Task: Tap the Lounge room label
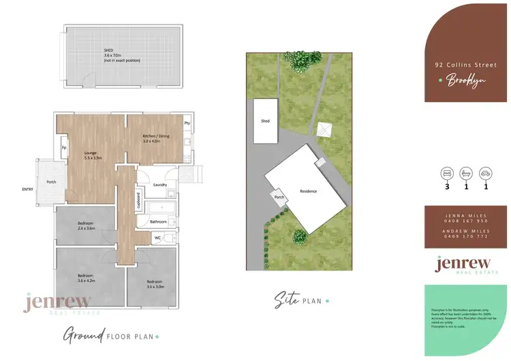[92, 155]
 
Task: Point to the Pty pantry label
[187, 123]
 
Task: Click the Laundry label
[161, 185]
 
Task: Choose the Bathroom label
[159, 221]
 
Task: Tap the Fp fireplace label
[64, 148]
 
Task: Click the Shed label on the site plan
[266, 121]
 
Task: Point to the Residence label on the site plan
[309, 191]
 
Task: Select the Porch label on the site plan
[279, 198]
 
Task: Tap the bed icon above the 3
[448, 172]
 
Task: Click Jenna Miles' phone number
[467, 221]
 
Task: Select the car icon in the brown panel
[485, 172]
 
